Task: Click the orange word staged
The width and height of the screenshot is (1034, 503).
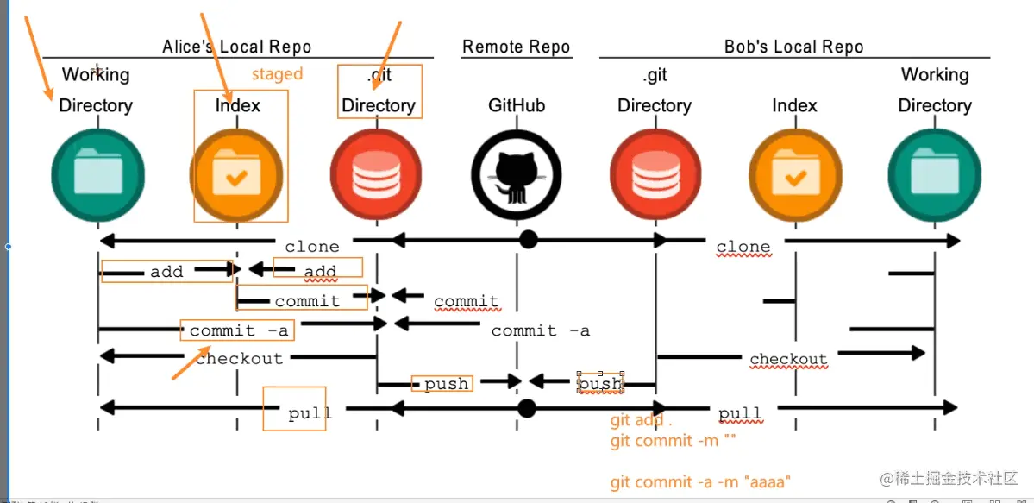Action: click(277, 74)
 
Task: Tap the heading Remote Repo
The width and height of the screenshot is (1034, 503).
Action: click(516, 47)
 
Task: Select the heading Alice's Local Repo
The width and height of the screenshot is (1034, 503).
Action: click(236, 47)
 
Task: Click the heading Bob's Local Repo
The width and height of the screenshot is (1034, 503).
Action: click(793, 47)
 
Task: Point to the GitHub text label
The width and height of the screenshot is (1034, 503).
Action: click(516, 105)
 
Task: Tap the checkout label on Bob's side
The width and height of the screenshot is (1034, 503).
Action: click(788, 359)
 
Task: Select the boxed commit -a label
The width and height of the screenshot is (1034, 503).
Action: click(240, 330)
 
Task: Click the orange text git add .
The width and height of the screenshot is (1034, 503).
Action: click(636, 421)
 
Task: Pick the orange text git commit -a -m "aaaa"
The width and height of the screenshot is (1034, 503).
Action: click(701, 482)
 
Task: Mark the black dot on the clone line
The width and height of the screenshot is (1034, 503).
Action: click(528, 240)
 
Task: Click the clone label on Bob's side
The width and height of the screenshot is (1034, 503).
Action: click(743, 247)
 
